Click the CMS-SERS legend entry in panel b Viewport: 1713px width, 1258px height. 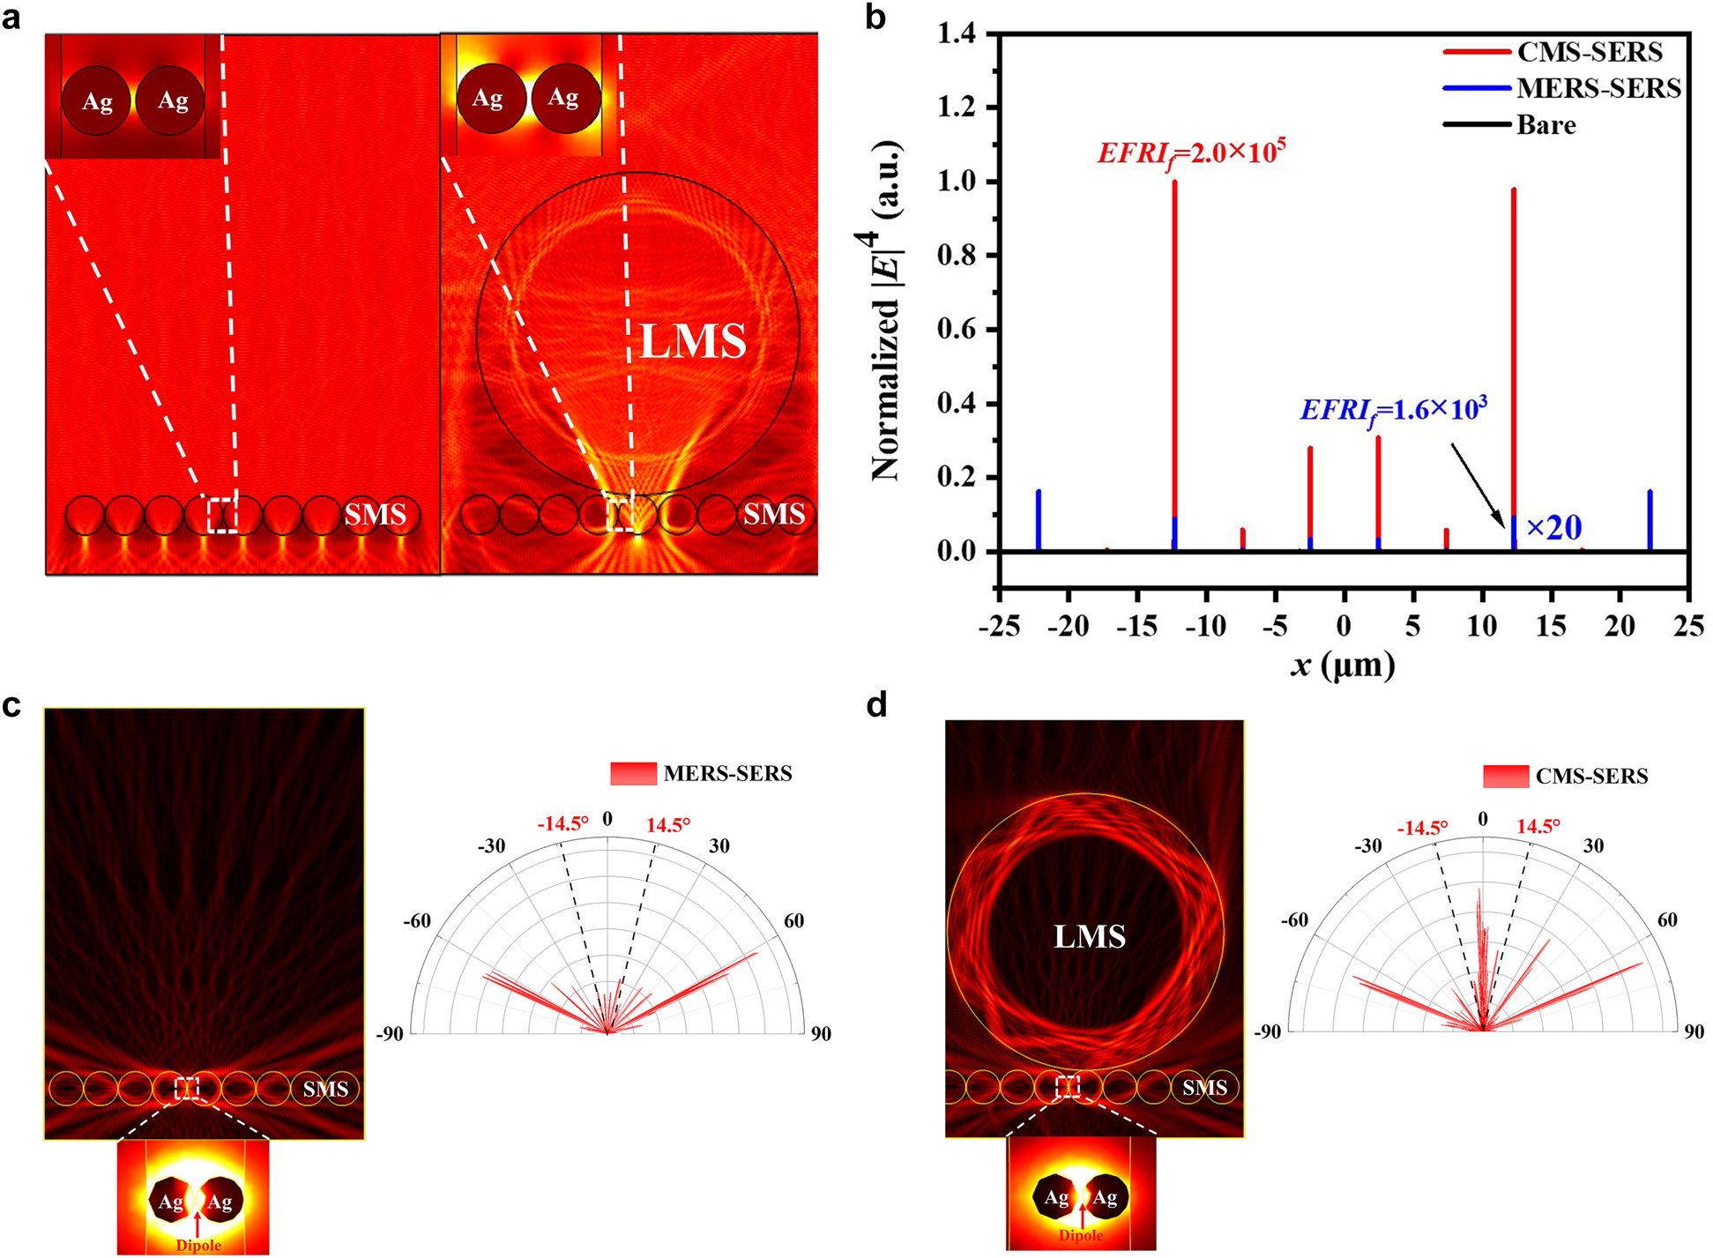pos(1589,53)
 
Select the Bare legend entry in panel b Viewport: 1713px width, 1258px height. pos(1545,125)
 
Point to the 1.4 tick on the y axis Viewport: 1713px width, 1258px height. pos(957,34)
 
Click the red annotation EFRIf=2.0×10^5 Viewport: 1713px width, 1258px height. pos(1191,153)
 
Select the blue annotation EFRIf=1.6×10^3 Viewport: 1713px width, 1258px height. pos(1394,409)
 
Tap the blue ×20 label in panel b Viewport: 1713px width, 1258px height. pos(1553,527)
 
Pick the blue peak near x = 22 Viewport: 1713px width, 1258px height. pos(1650,520)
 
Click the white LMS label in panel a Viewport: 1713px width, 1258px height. pos(693,341)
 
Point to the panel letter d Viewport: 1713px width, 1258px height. pos(876,704)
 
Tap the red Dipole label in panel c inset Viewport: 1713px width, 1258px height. pos(198,1245)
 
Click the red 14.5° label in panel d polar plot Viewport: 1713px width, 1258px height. pos(1538,826)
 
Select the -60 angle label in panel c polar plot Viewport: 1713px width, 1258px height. pos(417,921)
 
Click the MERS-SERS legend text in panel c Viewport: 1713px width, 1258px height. pos(727,773)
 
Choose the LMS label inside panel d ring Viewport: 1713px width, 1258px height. pos(1090,936)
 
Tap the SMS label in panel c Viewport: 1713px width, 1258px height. pos(325,1089)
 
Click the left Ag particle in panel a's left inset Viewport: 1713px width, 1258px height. pos(97,101)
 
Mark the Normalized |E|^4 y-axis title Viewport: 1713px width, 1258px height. pos(885,309)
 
